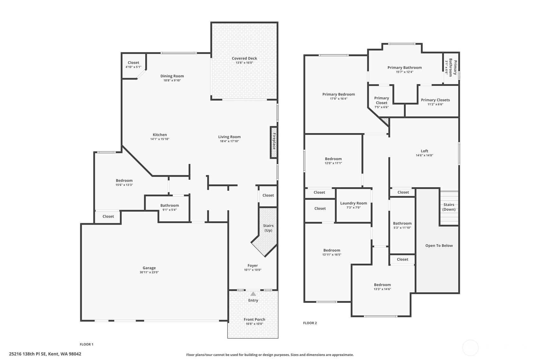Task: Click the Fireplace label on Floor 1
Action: point(274,141)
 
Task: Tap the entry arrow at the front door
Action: point(253,294)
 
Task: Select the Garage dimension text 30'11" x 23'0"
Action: point(149,272)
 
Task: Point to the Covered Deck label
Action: point(244,58)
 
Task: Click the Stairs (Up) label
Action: point(268,228)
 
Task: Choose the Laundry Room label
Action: point(354,203)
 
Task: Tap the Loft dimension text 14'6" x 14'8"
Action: point(424,155)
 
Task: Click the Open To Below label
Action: point(439,245)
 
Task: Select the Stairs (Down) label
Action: point(449,207)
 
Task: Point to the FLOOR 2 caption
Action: point(310,323)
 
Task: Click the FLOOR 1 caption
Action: point(87,344)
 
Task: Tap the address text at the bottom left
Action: point(45,354)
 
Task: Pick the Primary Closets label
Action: point(435,100)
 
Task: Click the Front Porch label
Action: point(254,319)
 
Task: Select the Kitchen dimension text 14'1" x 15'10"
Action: point(160,139)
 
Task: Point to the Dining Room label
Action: point(172,76)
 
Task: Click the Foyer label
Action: point(253,265)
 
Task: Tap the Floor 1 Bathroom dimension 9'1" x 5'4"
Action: point(170,210)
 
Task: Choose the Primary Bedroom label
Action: point(339,94)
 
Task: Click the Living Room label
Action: point(229,137)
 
